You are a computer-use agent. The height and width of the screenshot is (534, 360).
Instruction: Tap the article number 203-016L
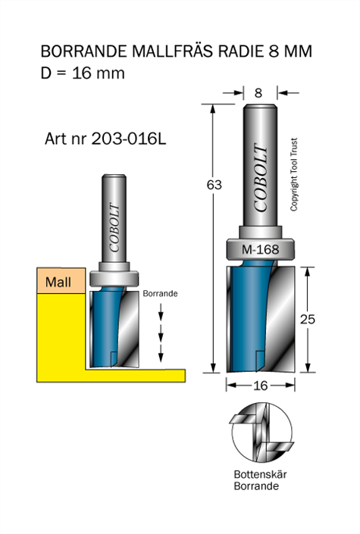(129, 139)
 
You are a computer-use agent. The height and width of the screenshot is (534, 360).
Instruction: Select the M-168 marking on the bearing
(260, 249)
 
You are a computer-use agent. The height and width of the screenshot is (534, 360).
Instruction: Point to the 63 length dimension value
(214, 185)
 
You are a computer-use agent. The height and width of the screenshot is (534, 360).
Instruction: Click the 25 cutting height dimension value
(307, 319)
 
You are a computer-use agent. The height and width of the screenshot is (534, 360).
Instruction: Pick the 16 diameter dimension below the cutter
(261, 386)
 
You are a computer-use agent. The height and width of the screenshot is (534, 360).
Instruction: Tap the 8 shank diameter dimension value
(258, 92)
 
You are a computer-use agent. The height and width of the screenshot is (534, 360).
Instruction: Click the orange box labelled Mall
(61, 280)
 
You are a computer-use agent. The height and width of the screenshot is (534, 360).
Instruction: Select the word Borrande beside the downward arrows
(160, 294)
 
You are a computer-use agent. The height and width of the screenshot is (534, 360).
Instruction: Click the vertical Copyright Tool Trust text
(294, 174)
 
